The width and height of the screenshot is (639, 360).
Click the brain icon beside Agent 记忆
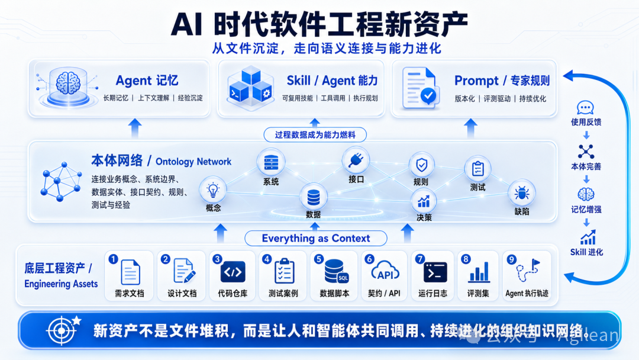pyautogui.click(x=68, y=83)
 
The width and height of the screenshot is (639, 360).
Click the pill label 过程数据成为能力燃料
pyautogui.click(x=315, y=134)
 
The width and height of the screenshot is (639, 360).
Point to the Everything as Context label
pyautogui.click(x=316, y=238)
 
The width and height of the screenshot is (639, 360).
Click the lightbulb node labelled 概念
pyautogui.click(x=213, y=190)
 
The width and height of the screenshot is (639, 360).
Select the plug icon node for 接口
pyautogui.click(x=356, y=160)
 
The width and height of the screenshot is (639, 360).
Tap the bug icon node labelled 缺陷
pyautogui.click(x=522, y=193)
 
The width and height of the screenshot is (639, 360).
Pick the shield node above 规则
pyautogui.click(x=421, y=165)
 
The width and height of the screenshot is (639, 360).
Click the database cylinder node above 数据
pyautogui.click(x=314, y=197)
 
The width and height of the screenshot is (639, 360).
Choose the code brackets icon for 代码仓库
pyautogui.click(x=233, y=272)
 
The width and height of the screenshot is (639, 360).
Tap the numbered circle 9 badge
pyautogui.click(x=511, y=259)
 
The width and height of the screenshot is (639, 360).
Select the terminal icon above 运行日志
pyautogui.click(x=435, y=272)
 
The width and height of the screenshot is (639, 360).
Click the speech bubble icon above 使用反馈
pyautogui.click(x=586, y=108)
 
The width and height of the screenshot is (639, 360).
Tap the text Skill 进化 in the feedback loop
pyautogui.click(x=586, y=252)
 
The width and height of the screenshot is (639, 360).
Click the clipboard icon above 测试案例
pyautogui.click(x=284, y=271)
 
